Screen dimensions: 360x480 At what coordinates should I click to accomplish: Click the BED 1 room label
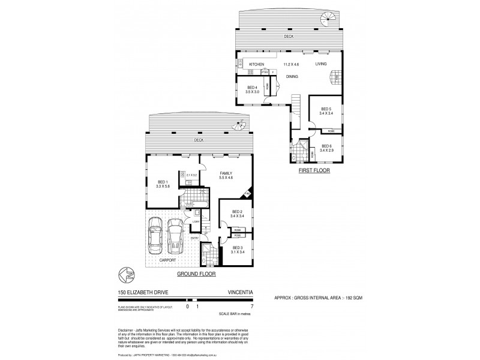click(x=161, y=182)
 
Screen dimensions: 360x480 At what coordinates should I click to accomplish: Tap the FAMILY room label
click(x=226, y=174)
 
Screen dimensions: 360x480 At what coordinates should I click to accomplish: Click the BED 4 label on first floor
click(x=253, y=88)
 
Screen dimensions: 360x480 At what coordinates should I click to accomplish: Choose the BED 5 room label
click(x=325, y=108)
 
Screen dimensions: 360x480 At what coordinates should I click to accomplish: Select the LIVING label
click(x=322, y=64)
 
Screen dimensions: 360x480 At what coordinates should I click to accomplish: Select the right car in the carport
click(x=175, y=235)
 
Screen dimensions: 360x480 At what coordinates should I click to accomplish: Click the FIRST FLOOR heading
click(x=314, y=171)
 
